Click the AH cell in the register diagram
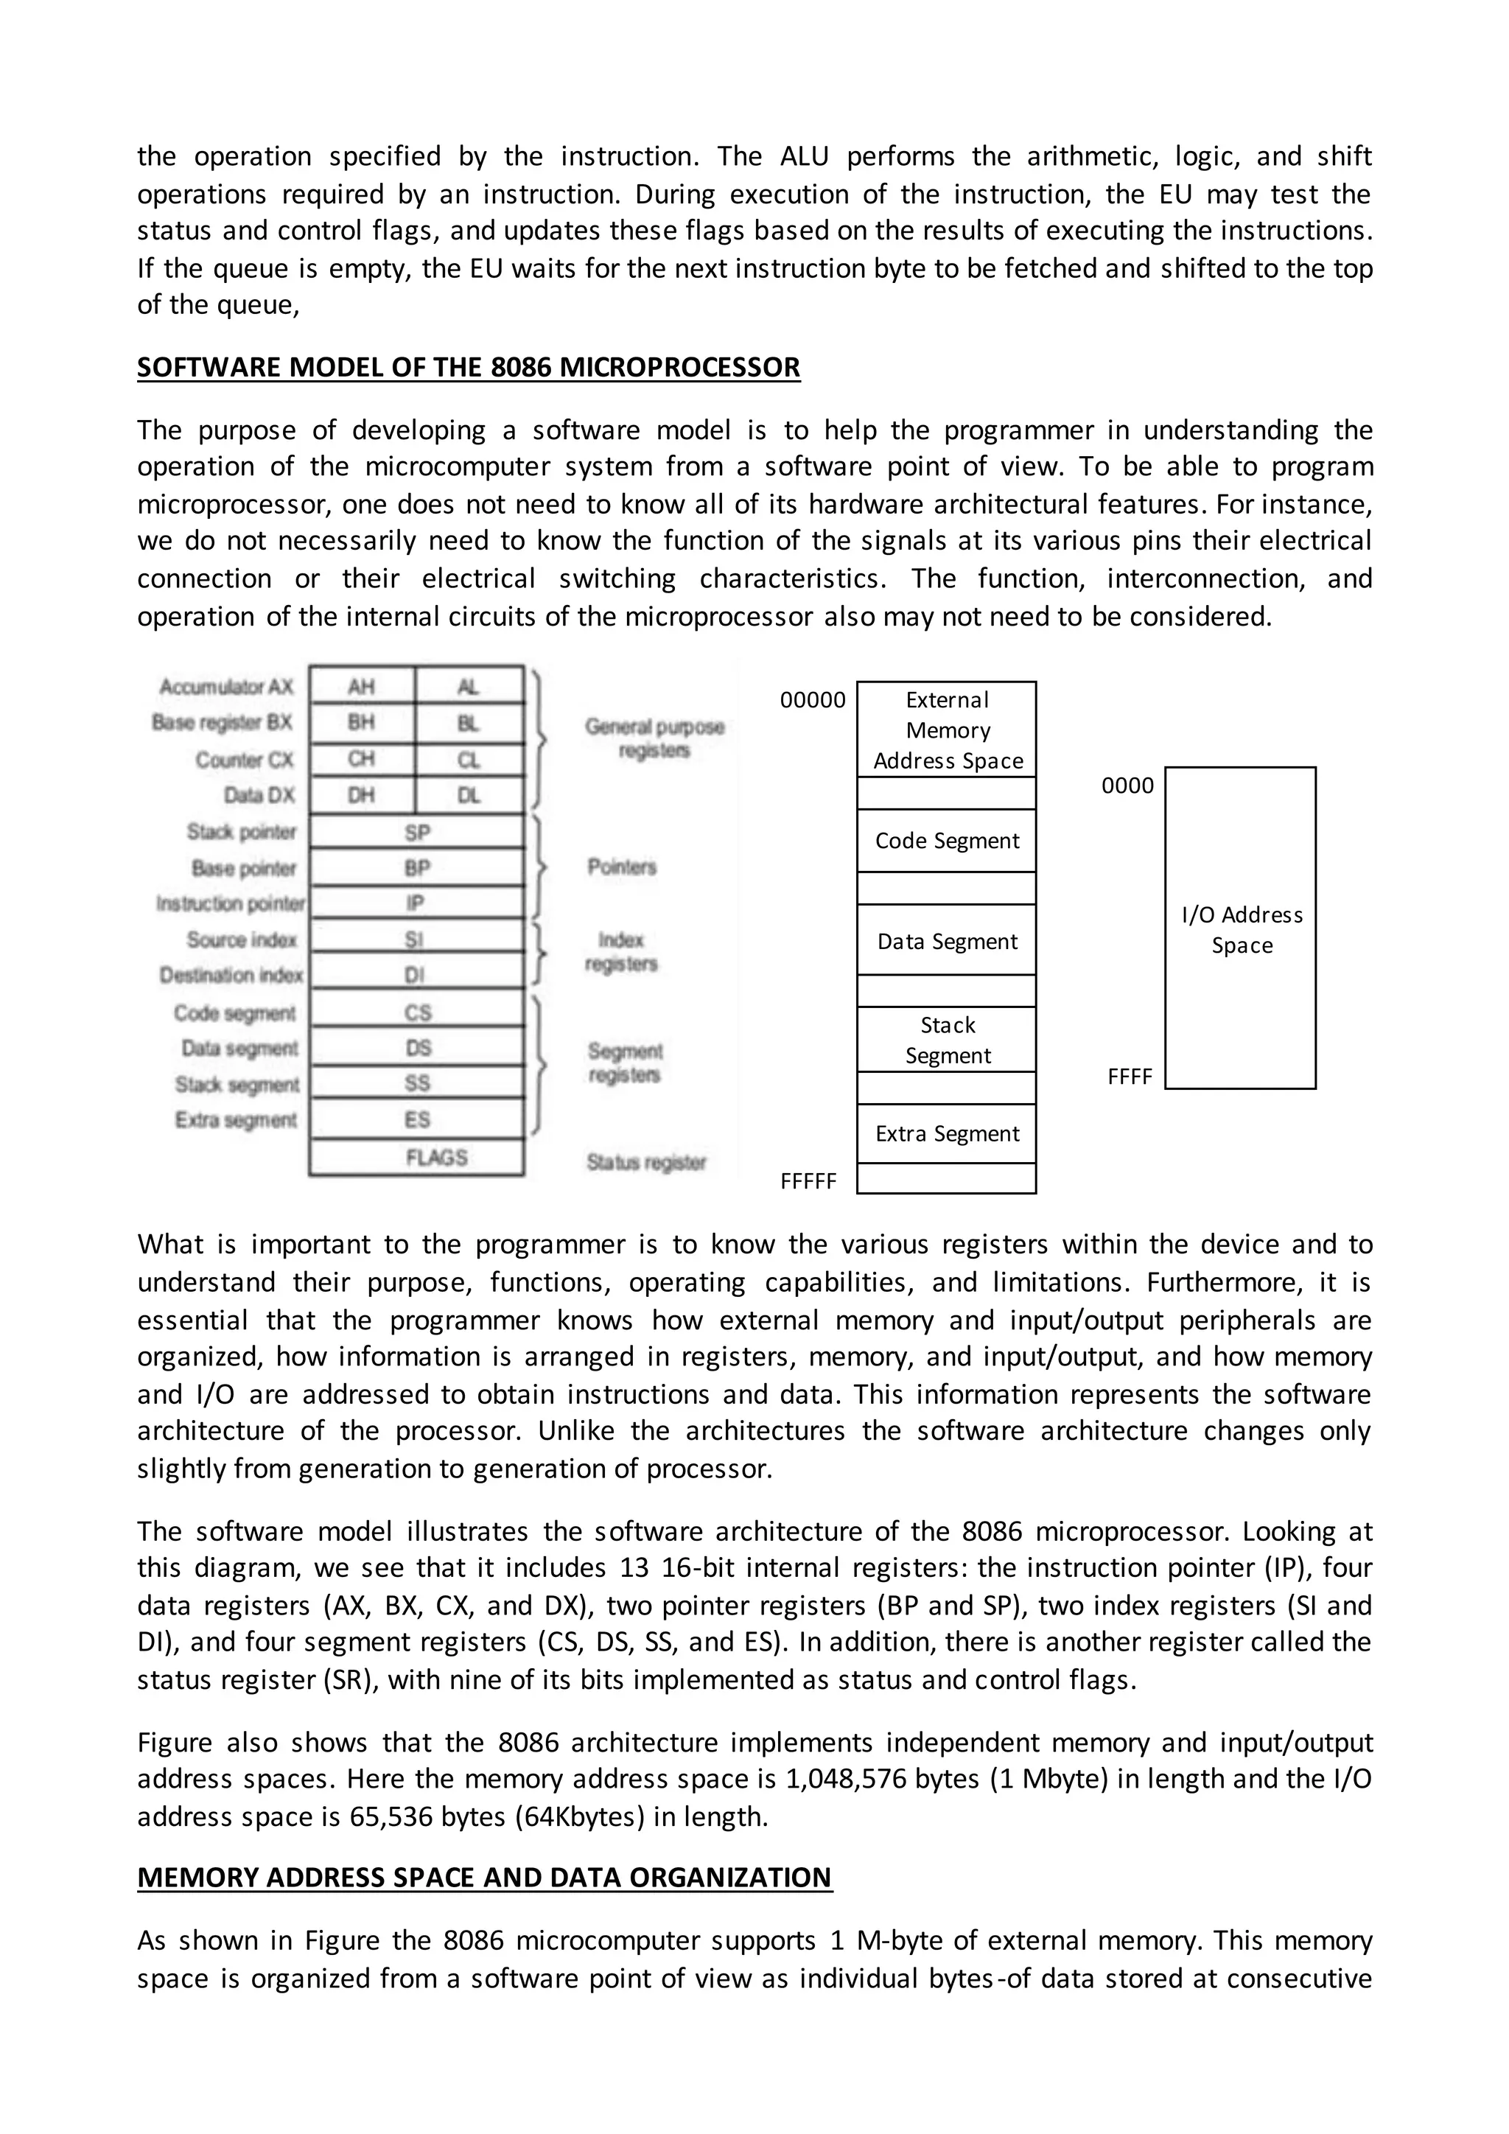(x=362, y=687)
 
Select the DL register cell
(x=469, y=796)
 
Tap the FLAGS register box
(x=435, y=1157)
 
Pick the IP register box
(x=416, y=903)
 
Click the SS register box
(x=417, y=1082)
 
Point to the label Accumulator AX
(x=225, y=687)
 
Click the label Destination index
(x=231, y=975)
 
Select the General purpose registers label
(x=654, y=738)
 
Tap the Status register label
(x=647, y=1162)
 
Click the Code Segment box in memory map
(x=947, y=841)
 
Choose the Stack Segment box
(x=947, y=1040)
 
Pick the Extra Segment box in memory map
(x=947, y=1134)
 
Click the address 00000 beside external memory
(x=813, y=701)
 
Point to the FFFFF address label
(x=808, y=1181)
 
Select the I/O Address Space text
(x=1242, y=929)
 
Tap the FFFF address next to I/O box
(x=1130, y=1077)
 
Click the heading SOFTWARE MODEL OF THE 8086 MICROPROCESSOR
(x=469, y=367)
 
